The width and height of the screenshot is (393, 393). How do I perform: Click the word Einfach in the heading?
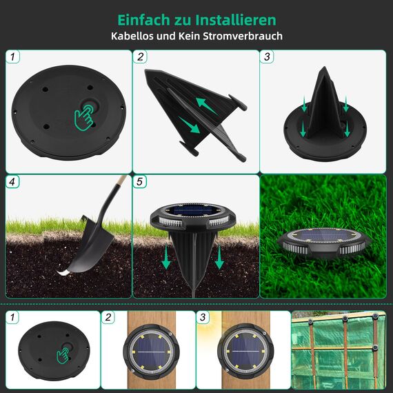point(141,19)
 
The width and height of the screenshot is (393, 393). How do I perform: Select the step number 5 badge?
point(141,183)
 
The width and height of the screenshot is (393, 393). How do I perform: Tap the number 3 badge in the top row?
point(269,58)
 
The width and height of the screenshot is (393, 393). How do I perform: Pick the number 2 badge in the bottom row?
point(108,318)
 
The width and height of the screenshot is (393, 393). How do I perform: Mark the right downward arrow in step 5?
point(220,257)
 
